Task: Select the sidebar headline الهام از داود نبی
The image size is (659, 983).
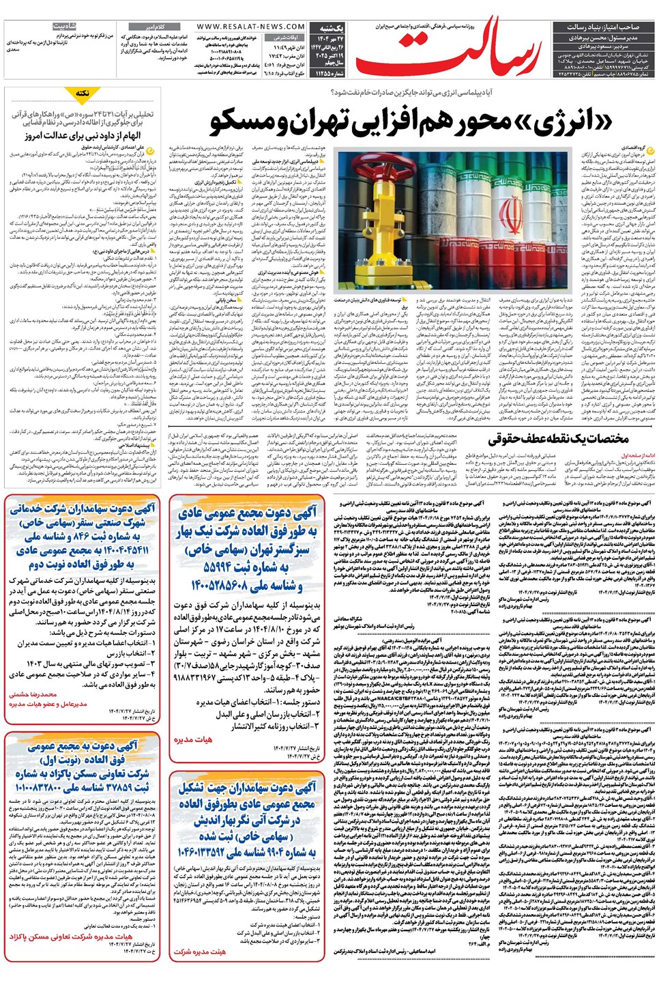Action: (x=83, y=135)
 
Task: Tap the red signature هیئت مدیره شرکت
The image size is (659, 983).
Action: (x=199, y=951)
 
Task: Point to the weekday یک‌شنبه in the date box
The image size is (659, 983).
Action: (x=331, y=28)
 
